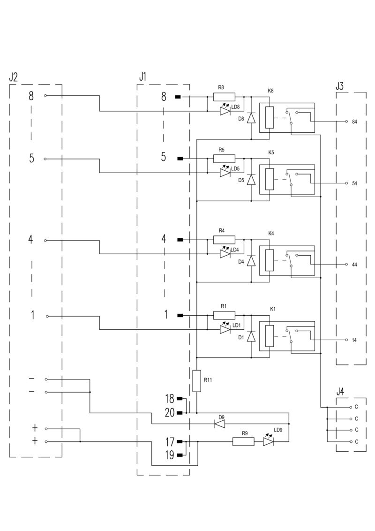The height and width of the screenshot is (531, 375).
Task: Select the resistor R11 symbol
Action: click(197, 380)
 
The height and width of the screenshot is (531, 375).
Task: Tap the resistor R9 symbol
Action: click(243, 441)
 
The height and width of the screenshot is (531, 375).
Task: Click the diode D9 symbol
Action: click(219, 424)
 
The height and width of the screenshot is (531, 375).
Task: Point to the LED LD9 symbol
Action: click(268, 441)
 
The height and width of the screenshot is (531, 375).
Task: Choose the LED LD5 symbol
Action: click(225, 173)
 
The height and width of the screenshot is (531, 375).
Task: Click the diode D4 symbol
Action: click(251, 261)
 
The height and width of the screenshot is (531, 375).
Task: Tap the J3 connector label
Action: click(340, 86)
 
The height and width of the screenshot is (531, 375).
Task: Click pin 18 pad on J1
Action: click(180, 399)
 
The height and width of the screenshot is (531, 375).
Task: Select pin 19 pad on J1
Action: click(180, 455)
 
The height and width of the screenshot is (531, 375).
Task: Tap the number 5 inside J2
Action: click(31, 158)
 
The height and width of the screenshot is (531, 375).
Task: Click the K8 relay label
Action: click(271, 91)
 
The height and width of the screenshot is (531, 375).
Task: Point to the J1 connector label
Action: click(142, 76)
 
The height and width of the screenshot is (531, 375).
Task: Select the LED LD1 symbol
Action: click(225, 330)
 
